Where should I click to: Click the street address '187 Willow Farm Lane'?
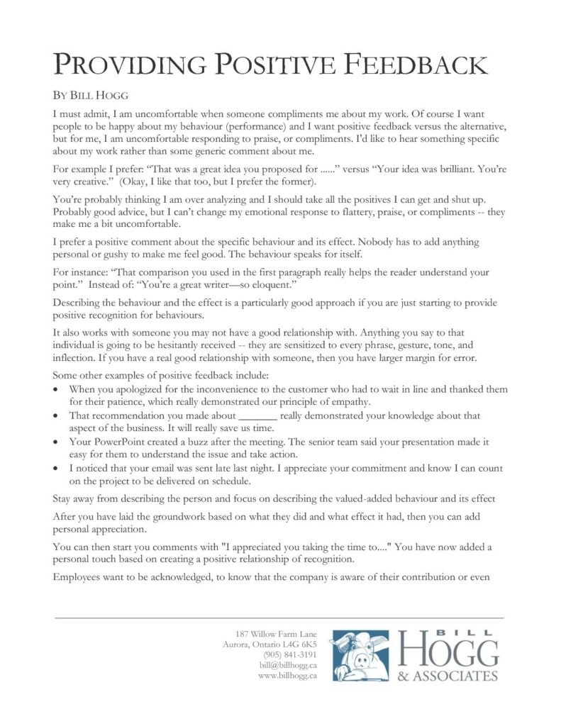276,633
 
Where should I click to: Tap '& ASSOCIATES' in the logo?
448,675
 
